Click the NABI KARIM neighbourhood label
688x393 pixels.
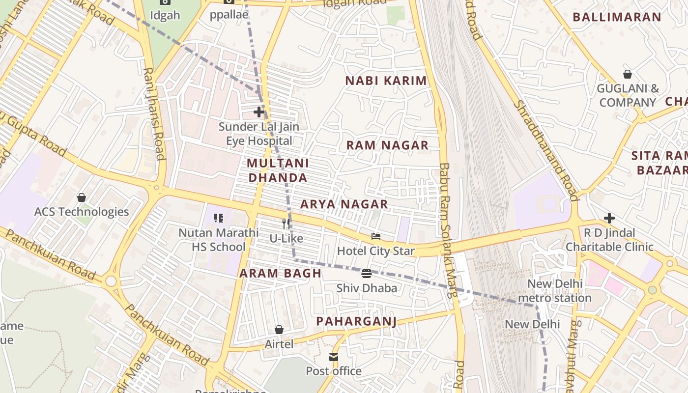(386, 81)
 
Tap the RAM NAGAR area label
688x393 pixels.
(387, 145)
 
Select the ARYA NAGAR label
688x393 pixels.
(344, 204)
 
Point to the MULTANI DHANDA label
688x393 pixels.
(278, 170)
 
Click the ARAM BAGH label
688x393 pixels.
(280, 273)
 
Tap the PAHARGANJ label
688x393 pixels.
(356, 321)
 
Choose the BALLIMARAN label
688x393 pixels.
(617, 17)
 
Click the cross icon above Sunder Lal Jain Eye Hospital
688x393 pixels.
(259, 112)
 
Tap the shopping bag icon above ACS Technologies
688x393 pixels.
(82, 197)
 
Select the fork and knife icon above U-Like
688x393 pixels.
(286, 224)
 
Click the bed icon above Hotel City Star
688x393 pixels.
(376, 236)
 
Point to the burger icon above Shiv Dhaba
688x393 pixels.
(367, 274)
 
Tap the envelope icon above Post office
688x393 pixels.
(334, 357)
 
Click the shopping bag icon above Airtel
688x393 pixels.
(279, 330)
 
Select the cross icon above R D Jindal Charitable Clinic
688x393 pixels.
(609, 218)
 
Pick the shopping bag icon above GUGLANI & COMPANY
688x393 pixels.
(628, 74)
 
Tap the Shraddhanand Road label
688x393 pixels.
(545, 150)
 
